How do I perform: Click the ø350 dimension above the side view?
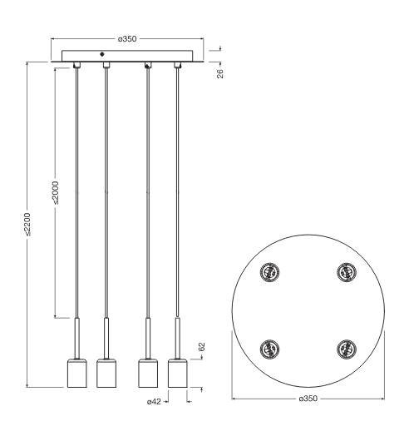(x=127, y=39)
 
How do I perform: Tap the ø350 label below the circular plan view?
(x=308, y=399)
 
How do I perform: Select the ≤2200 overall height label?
(x=27, y=224)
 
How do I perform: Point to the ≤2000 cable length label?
(x=56, y=192)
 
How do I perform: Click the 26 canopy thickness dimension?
(x=220, y=73)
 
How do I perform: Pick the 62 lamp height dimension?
(x=201, y=347)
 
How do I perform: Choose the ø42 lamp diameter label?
(x=154, y=401)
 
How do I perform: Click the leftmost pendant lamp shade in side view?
(x=76, y=374)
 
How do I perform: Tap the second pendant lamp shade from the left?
(x=106, y=374)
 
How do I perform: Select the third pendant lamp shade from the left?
(x=148, y=374)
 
